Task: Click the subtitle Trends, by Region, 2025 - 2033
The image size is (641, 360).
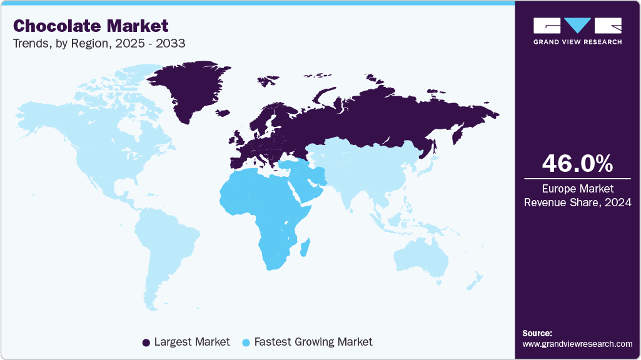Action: [x=99, y=44]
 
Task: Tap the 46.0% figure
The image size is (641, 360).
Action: [x=577, y=164]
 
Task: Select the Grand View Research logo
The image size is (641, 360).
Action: [x=577, y=31]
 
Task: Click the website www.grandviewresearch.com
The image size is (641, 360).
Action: [x=577, y=344]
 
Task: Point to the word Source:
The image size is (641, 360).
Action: [x=537, y=333]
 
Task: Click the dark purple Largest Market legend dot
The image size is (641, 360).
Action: [x=146, y=342]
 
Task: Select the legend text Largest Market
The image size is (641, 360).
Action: [x=192, y=342]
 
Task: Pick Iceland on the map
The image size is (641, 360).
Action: [x=223, y=113]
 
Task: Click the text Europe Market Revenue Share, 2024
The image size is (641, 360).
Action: [x=577, y=195]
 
